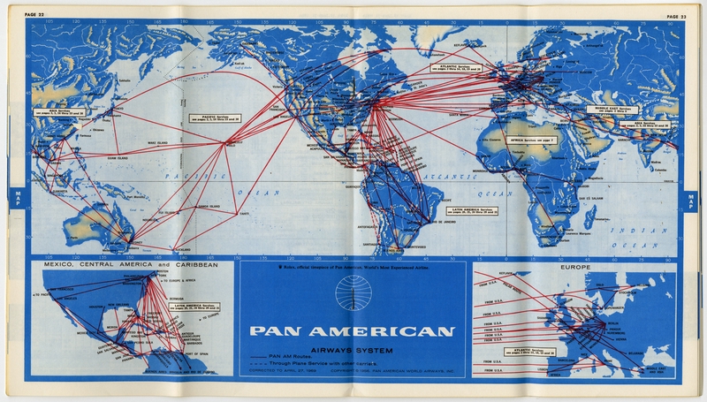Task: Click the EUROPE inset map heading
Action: tap(575, 265)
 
